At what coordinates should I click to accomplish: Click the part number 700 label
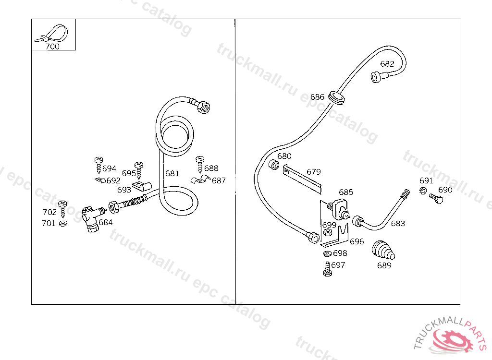[53, 47]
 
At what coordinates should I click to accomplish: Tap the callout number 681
[172, 173]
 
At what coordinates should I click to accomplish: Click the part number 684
[106, 222]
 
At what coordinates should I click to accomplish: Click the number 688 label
[211, 168]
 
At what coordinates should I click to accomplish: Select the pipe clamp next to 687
[200, 181]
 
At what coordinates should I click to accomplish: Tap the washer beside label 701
[63, 223]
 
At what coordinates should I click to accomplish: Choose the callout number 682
[387, 64]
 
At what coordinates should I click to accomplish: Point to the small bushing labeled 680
[274, 165]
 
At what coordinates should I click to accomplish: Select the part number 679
[314, 172]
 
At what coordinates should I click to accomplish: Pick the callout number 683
[398, 224]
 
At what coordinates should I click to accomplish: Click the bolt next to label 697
[327, 269]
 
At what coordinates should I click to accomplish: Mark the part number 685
[346, 192]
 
